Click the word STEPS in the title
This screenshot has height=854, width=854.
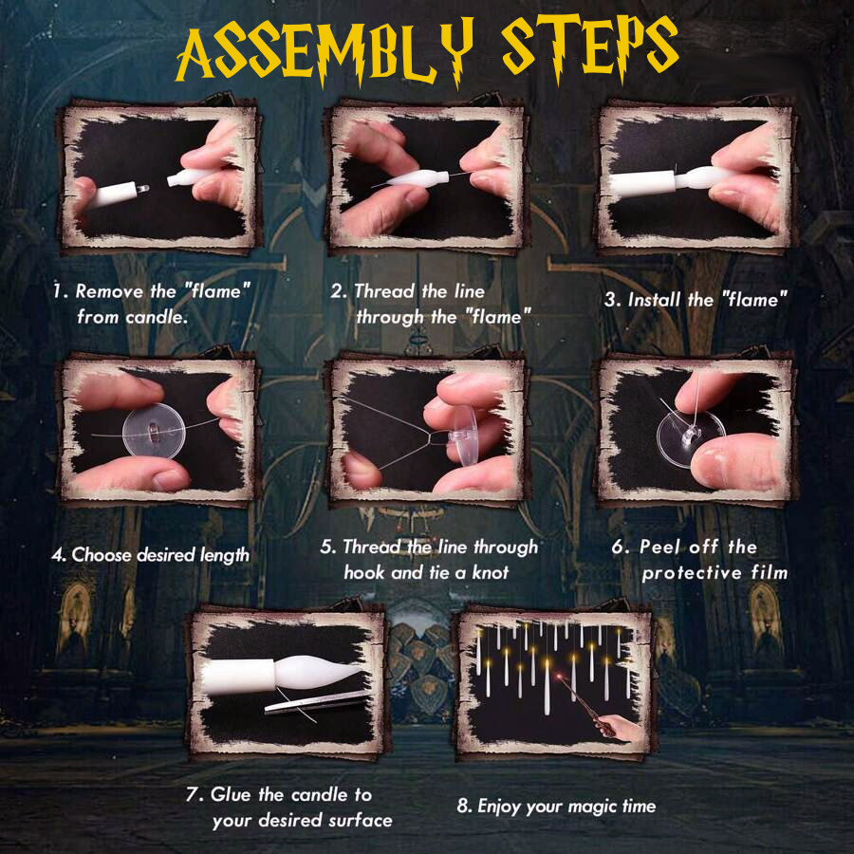[x=588, y=50]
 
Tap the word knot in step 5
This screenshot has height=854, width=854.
[x=489, y=572]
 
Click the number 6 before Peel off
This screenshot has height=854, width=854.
[x=618, y=548]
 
